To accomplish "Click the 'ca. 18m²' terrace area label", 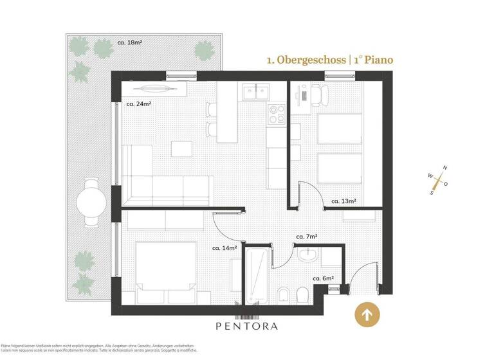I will pos(129,43).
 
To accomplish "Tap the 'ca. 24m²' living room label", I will pos(138,104).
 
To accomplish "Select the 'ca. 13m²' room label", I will pos(343,201).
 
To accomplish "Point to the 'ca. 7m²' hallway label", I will pos(307,237).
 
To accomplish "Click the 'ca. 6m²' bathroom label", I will pos(323,278).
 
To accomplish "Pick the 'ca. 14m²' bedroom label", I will pos(224,247).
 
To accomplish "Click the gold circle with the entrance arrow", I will pos(367,315).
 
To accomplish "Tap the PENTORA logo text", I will pos(246,326).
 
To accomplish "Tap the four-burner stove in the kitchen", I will pos(277,114).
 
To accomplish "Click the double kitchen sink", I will pos(255,93).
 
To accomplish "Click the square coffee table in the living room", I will pos(181,148).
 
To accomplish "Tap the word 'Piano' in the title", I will pos(378,60).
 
